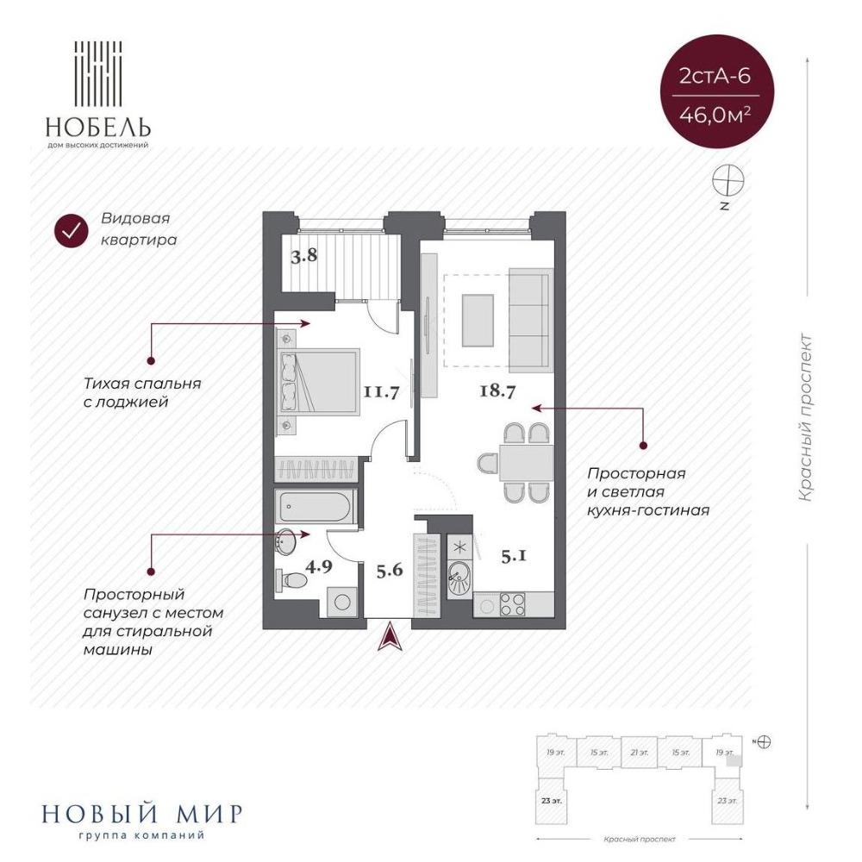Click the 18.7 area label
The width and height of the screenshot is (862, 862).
[497, 391]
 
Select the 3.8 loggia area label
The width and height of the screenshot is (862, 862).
[304, 256]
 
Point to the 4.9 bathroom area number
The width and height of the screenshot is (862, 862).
[319, 566]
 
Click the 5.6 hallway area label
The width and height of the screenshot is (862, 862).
[390, 570]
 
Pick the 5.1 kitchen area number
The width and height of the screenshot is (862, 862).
[514, 556]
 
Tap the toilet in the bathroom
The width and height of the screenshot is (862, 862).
[291, 580]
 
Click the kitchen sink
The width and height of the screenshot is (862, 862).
[459, 578]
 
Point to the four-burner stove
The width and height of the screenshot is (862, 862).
[512, 604]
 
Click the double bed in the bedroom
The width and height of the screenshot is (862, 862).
[319, 381]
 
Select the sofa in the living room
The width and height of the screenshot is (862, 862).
[530, 320]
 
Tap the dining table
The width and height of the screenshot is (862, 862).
[526, 462]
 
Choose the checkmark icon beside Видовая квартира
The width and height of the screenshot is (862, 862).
[72, 231]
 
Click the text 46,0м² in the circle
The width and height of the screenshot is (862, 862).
[715, 116]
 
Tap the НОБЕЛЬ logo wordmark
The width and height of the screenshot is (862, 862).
[98, 128]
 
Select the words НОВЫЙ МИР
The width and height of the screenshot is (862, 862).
[142, 815]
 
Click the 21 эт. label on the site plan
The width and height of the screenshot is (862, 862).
[640, 752]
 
